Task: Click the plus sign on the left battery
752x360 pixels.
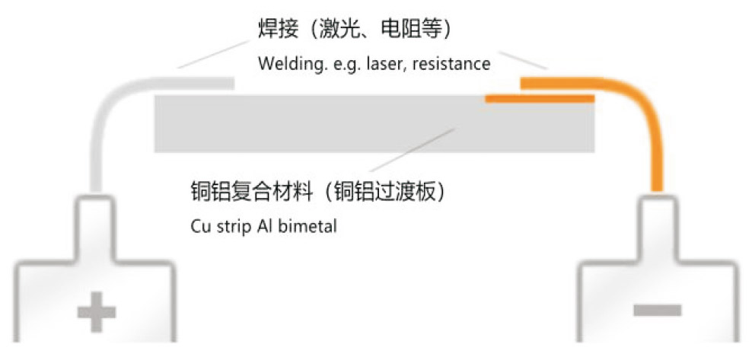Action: [x=97, y=312]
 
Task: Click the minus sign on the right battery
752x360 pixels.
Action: [x=657, y=310]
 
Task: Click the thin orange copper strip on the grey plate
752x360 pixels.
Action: [x=540, y=99]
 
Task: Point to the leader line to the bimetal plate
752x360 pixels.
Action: [x=412, y=150]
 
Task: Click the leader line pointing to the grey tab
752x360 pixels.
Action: [x=213, y=54]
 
